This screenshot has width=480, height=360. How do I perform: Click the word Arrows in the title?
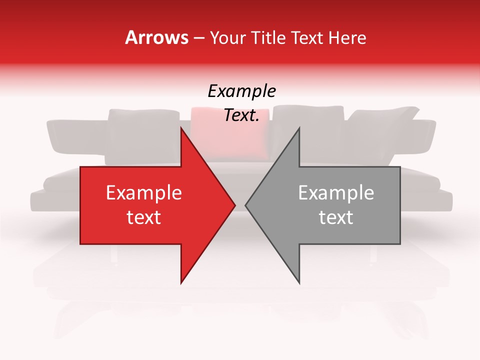156,37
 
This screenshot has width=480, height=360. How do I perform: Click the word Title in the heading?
268,37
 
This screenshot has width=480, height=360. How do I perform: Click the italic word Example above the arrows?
241,91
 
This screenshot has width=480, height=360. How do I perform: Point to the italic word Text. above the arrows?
241,115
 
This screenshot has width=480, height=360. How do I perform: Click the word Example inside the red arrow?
143,193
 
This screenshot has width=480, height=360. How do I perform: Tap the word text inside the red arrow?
143,217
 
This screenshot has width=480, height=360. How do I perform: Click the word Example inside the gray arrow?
336,193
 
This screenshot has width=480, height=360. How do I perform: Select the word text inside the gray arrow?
336,217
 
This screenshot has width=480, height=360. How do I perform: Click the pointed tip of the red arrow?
234,205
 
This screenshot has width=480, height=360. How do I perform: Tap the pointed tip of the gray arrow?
246,205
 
